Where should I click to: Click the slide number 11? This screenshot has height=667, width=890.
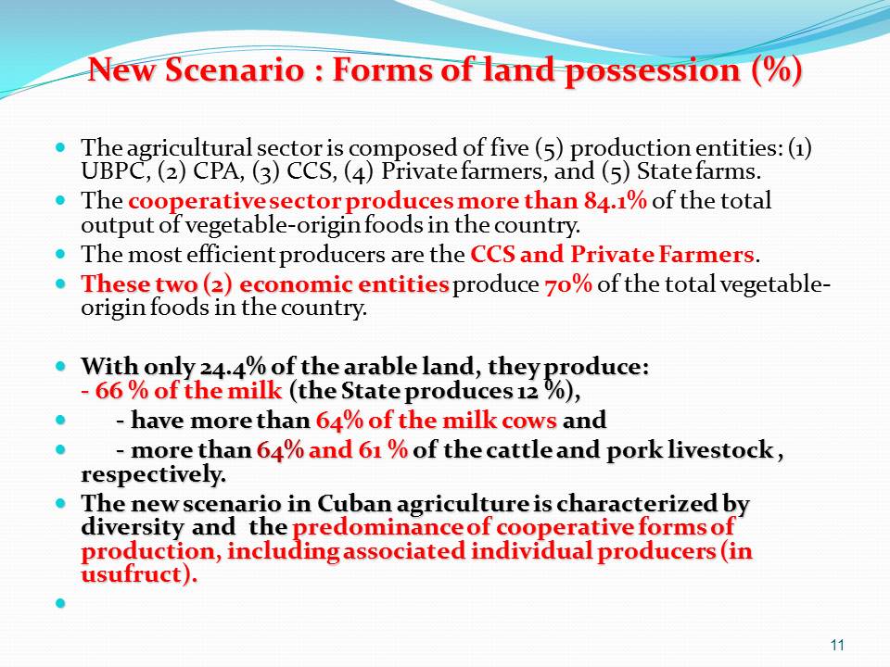tap(837, 645)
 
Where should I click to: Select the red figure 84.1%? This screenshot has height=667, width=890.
tap(616, 201)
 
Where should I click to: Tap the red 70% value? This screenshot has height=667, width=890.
tap(568, 284)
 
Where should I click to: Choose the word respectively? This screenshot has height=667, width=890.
tap(153, 474)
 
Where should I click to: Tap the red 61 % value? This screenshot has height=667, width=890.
tap(383, 450)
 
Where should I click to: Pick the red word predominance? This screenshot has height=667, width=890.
tap(377, 527)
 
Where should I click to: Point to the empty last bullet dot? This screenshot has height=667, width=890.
tap(61, 602)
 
